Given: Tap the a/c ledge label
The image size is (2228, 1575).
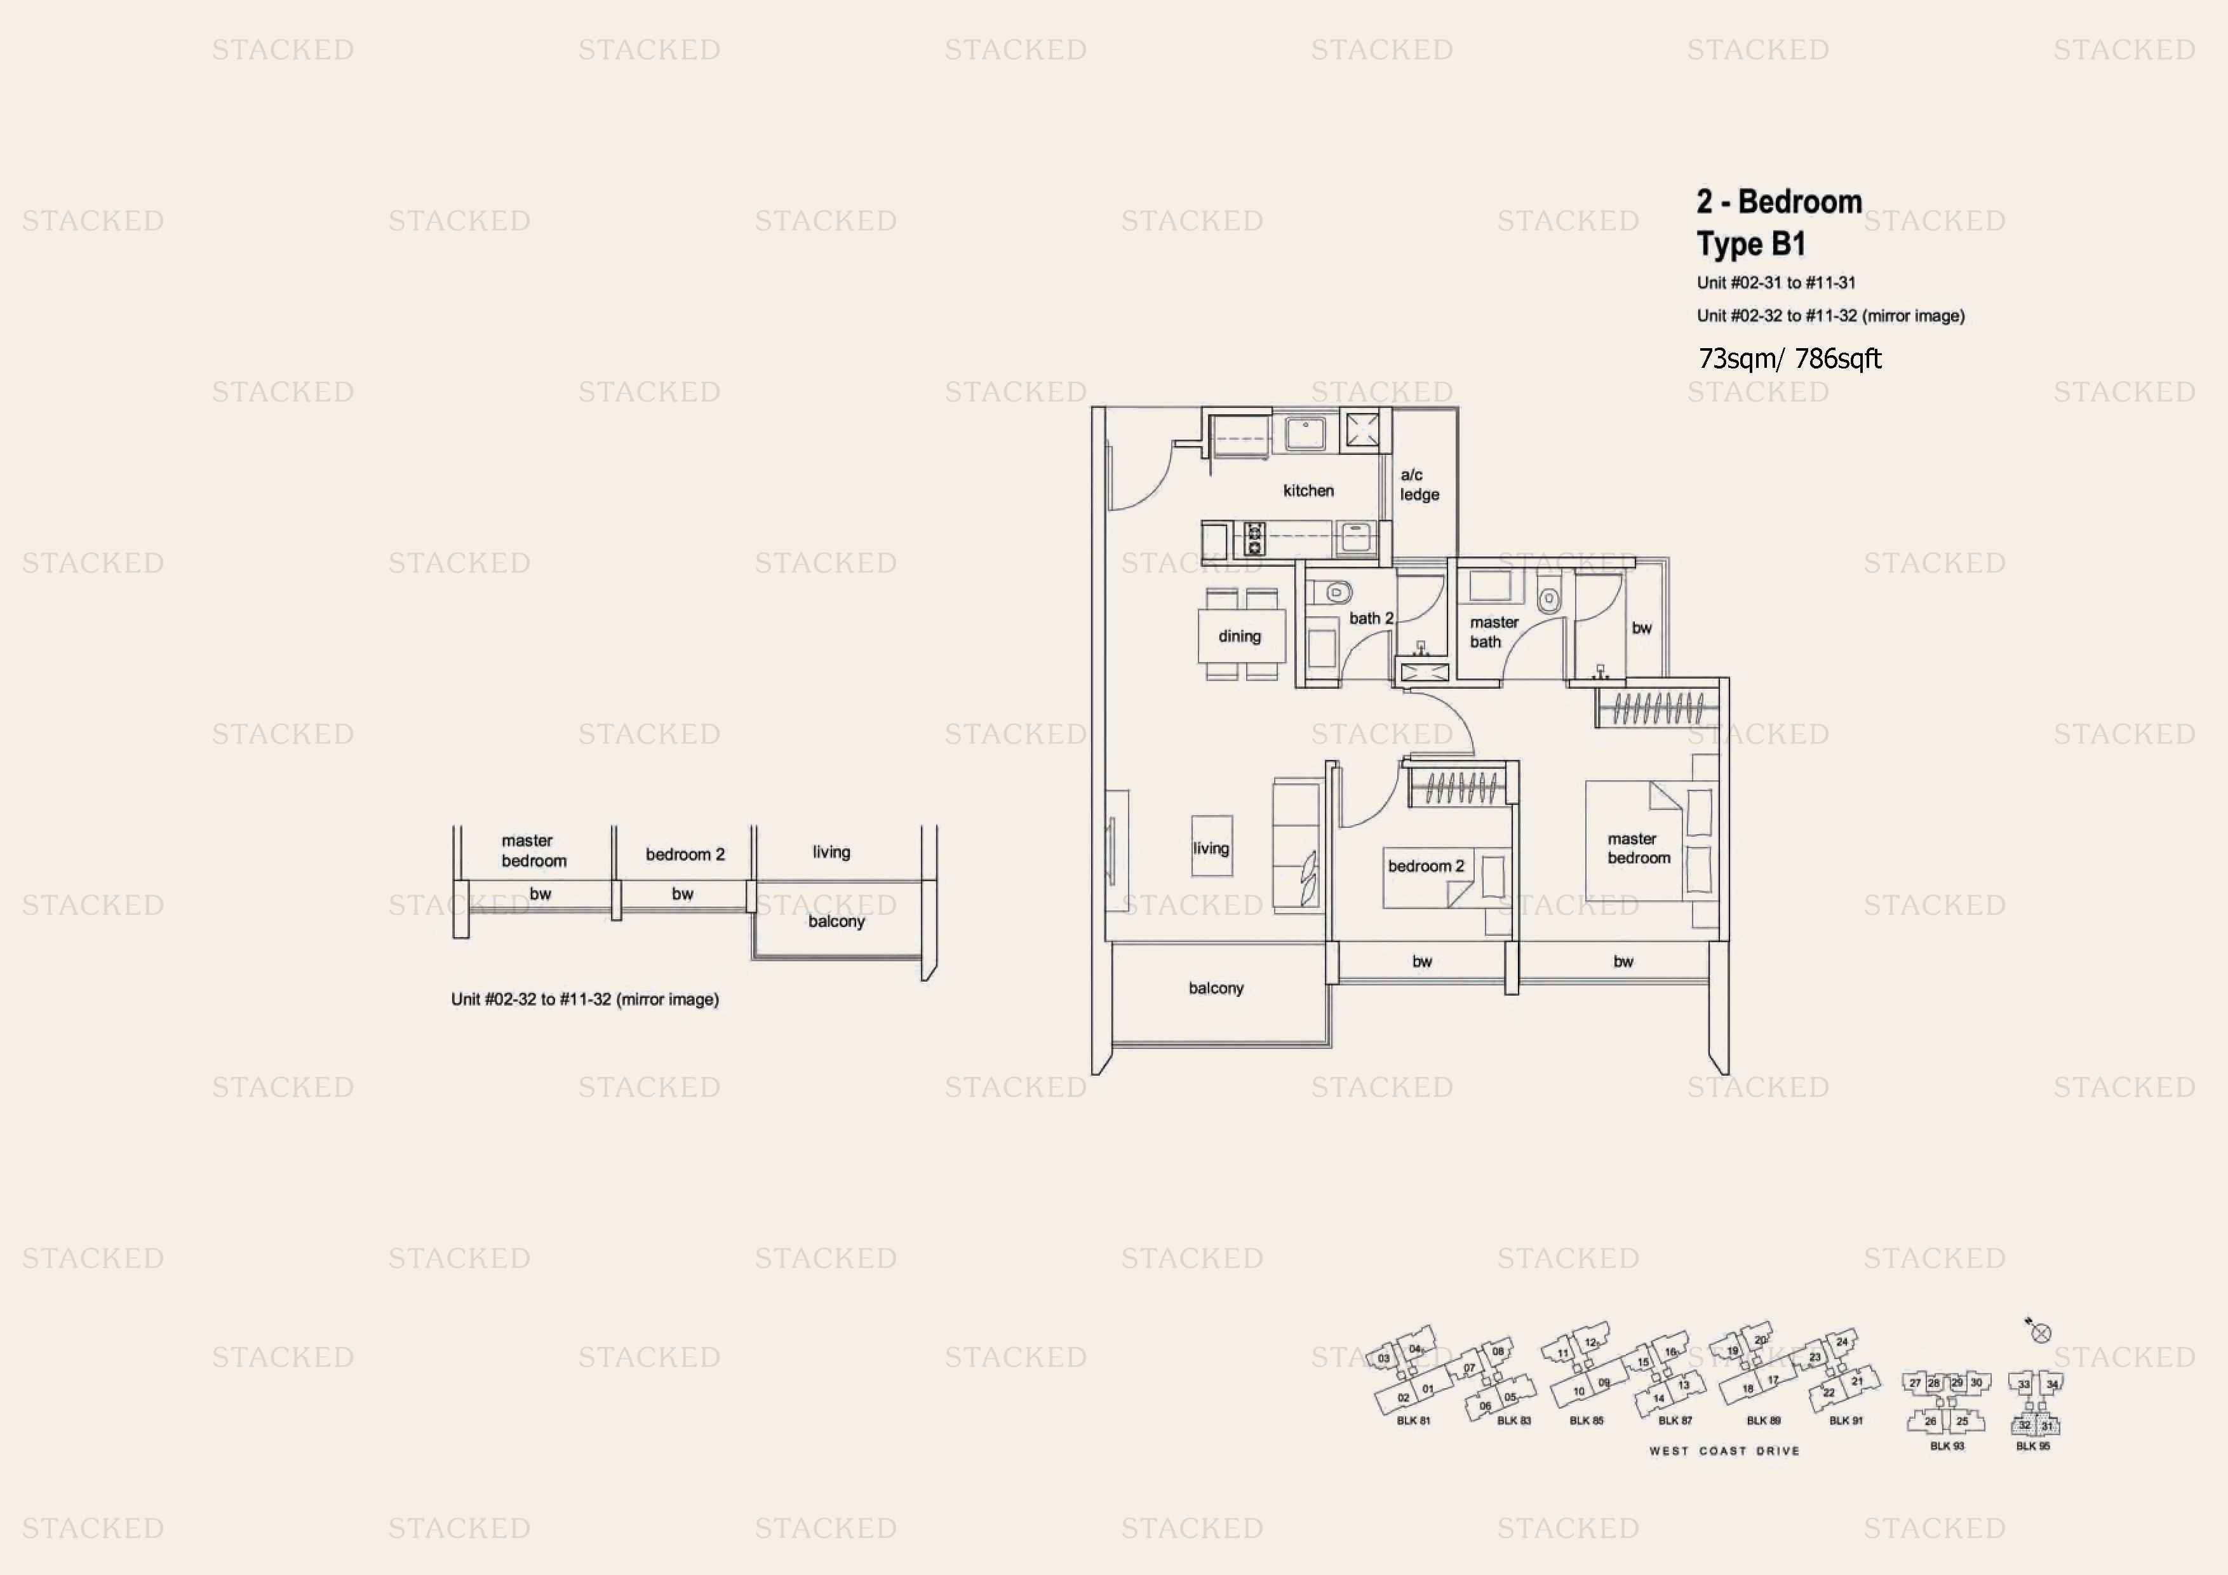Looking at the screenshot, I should [x=1419, y=484].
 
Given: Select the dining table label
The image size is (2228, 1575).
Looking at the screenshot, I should [x=1239, y=637].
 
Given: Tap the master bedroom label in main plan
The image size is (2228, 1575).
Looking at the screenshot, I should [x=1638, y=848].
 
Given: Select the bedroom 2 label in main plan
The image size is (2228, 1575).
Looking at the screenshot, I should [x=1425, y=865].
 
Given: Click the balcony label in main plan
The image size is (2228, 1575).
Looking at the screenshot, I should [x=1215, y=988].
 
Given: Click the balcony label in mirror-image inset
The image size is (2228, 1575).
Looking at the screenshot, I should [x=836, y=921].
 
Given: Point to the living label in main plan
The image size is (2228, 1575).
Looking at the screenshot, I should [x=1210, y=848].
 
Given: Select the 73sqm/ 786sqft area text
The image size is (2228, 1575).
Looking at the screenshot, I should [x=1789, y=359].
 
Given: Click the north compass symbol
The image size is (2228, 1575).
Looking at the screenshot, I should [x=2040, y=1332].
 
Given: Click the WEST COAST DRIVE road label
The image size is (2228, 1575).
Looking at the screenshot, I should [x=1724, y=1450].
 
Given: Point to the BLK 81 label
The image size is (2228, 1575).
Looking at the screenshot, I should [x=1413, y=1421].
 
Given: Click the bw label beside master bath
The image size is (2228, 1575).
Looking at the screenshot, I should [x=1641, y=628].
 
